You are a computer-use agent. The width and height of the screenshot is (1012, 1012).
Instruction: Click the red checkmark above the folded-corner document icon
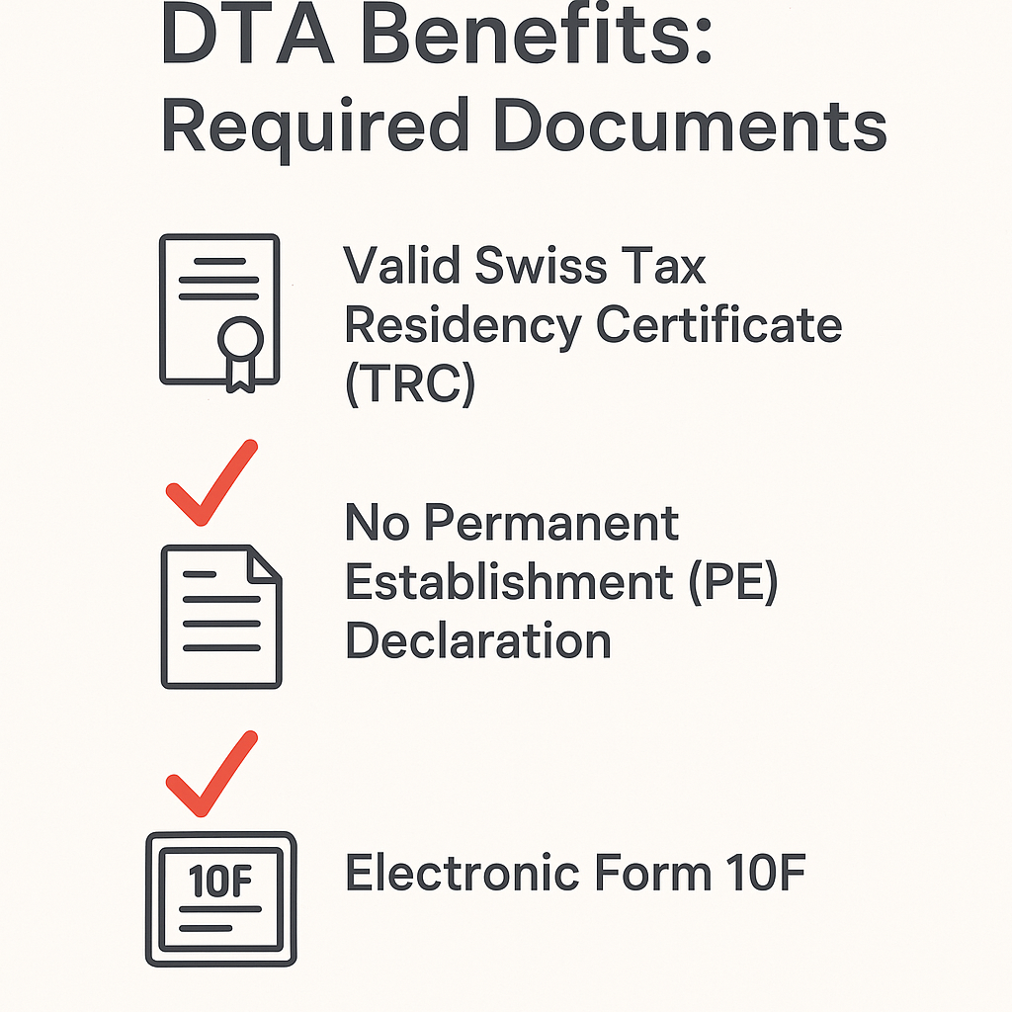pyautogui.click(x=211, y=483)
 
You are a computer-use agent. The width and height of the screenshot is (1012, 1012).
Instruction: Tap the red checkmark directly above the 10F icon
pyautogui.click(x=211, y=775)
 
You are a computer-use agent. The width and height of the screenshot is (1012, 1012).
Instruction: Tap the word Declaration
pyautogui.click(x=478, y=641)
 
